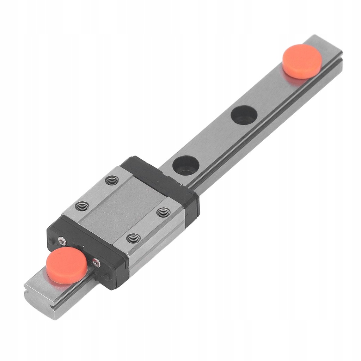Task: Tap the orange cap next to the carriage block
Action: click(x=67, y=265)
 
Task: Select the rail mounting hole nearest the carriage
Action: click(x=186, y=165)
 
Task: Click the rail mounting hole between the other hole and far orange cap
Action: click(x=244, y=115)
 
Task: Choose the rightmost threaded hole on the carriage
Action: click(x=163, y=213)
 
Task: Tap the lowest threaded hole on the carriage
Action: click(x=133, y=239)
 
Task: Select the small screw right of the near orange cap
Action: click(x=96, y=262)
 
